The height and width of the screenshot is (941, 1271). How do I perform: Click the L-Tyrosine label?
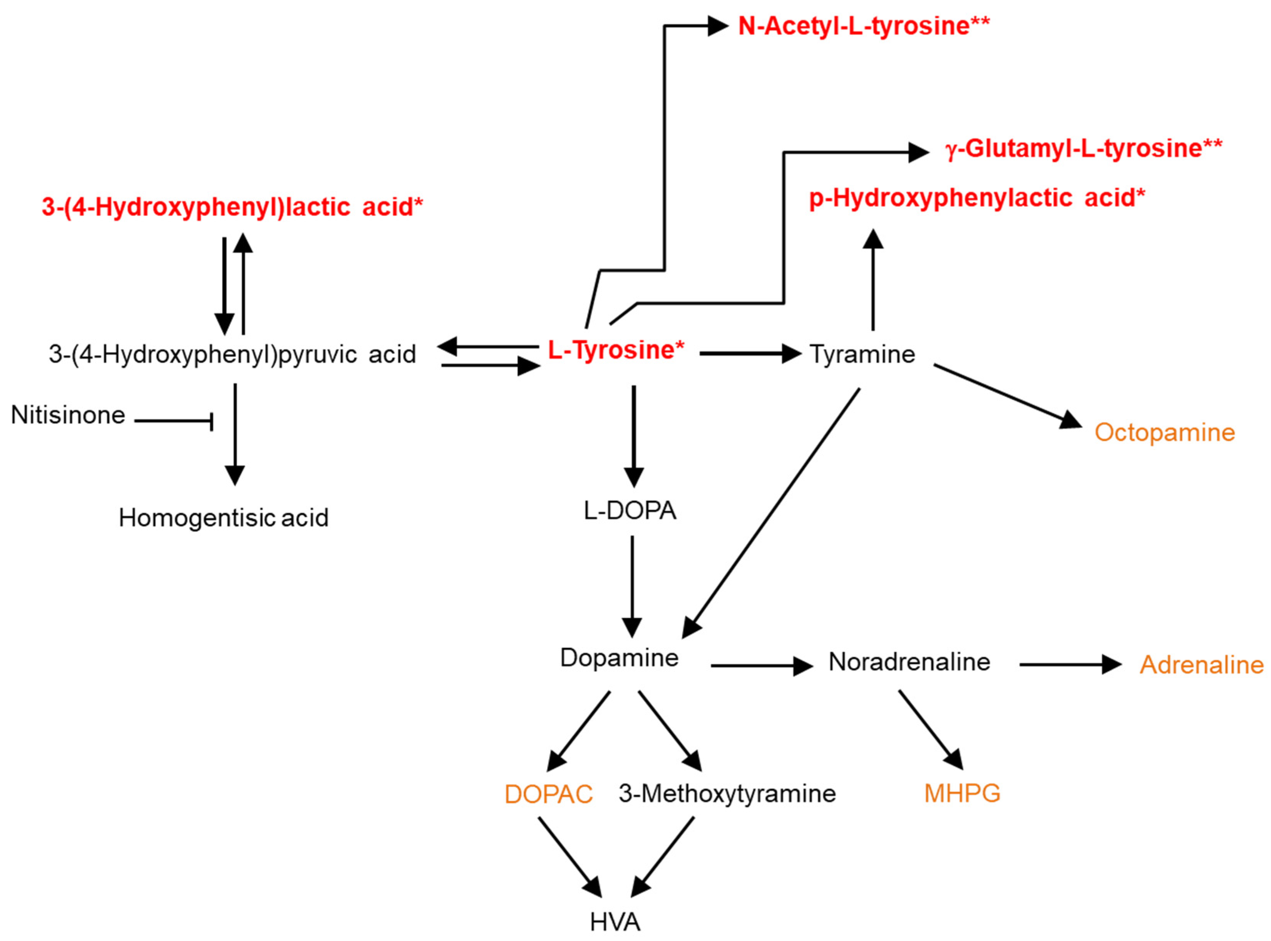click(x=615, y=350)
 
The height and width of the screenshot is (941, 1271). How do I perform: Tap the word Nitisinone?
click(x=68, y=415)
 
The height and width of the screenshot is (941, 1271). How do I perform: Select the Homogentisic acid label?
click(x=223, y=518)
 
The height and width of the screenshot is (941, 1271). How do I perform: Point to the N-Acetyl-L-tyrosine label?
click(x=863, y=26)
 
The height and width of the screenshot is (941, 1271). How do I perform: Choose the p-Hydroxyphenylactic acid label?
click(x=976, y=198)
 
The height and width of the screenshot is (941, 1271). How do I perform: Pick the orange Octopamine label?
click(x=1164, y=432)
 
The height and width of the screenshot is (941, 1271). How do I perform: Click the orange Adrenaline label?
click(x=1201, y=665)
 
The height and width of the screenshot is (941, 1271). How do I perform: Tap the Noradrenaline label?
click(x=909, y=662)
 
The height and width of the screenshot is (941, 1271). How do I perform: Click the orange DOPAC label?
click(x=548, y=794)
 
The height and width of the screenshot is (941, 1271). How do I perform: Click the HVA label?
click(x=615, y=922)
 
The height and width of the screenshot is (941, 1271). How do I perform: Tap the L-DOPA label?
click(x=630, y=511)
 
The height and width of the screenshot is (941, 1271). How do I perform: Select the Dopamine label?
click(x=619, y=658)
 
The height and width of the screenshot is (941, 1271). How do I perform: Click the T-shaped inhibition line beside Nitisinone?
click(x=174, y=421)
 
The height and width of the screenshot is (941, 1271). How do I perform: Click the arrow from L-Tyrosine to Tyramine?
click(x=749, y=354)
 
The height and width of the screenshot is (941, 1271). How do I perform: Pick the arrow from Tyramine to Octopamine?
click(x=1006, y=396)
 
